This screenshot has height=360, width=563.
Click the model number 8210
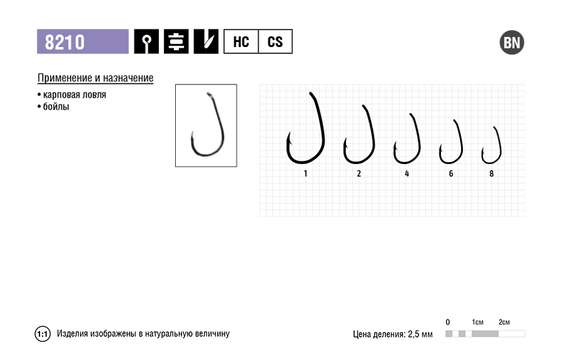64,42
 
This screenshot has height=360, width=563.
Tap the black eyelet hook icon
146,42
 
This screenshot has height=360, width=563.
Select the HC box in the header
241,42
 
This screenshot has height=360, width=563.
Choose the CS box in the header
275,42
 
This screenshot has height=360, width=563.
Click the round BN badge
512,43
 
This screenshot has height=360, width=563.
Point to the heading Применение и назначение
96,78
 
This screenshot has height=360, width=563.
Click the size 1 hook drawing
323,126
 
